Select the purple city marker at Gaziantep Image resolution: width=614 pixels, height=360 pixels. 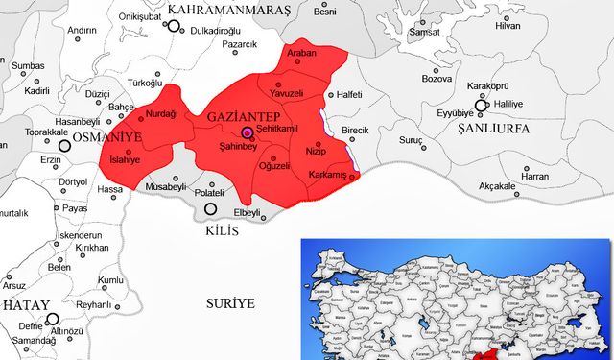pyautogui.click(x=247, y=132)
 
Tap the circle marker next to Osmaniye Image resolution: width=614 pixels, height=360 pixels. pyautogui.click(x=65, y=146)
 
